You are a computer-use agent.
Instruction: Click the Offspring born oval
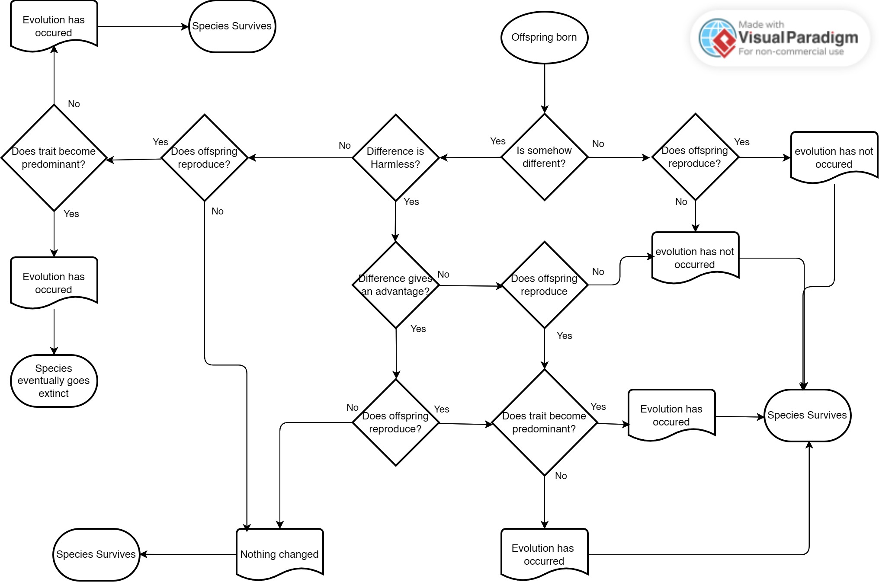(544, 38)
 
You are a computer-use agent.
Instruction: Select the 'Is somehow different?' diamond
(544, 157)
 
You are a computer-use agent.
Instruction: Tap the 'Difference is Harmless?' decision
(395, 157)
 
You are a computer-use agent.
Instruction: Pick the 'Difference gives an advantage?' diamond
(395, 285)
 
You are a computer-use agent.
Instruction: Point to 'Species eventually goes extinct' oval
(54, 381)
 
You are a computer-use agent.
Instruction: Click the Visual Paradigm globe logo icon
(717, 38)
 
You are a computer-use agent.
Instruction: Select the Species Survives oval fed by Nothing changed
(96, 554)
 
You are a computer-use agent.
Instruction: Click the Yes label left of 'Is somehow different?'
(497, 141)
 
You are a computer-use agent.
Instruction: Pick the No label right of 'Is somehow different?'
(598, 144)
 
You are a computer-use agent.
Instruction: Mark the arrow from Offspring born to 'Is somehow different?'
(544, 89)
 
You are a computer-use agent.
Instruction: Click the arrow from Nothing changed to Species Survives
(188, 554)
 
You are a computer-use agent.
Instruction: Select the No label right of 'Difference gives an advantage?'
(443, 275)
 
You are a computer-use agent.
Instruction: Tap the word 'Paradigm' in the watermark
(822, 38)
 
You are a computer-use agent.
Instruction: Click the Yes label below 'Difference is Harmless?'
(411, 202)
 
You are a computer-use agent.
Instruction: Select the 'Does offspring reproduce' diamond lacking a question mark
(544, 285)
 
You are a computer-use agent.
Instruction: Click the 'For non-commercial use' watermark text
(791, 52)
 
